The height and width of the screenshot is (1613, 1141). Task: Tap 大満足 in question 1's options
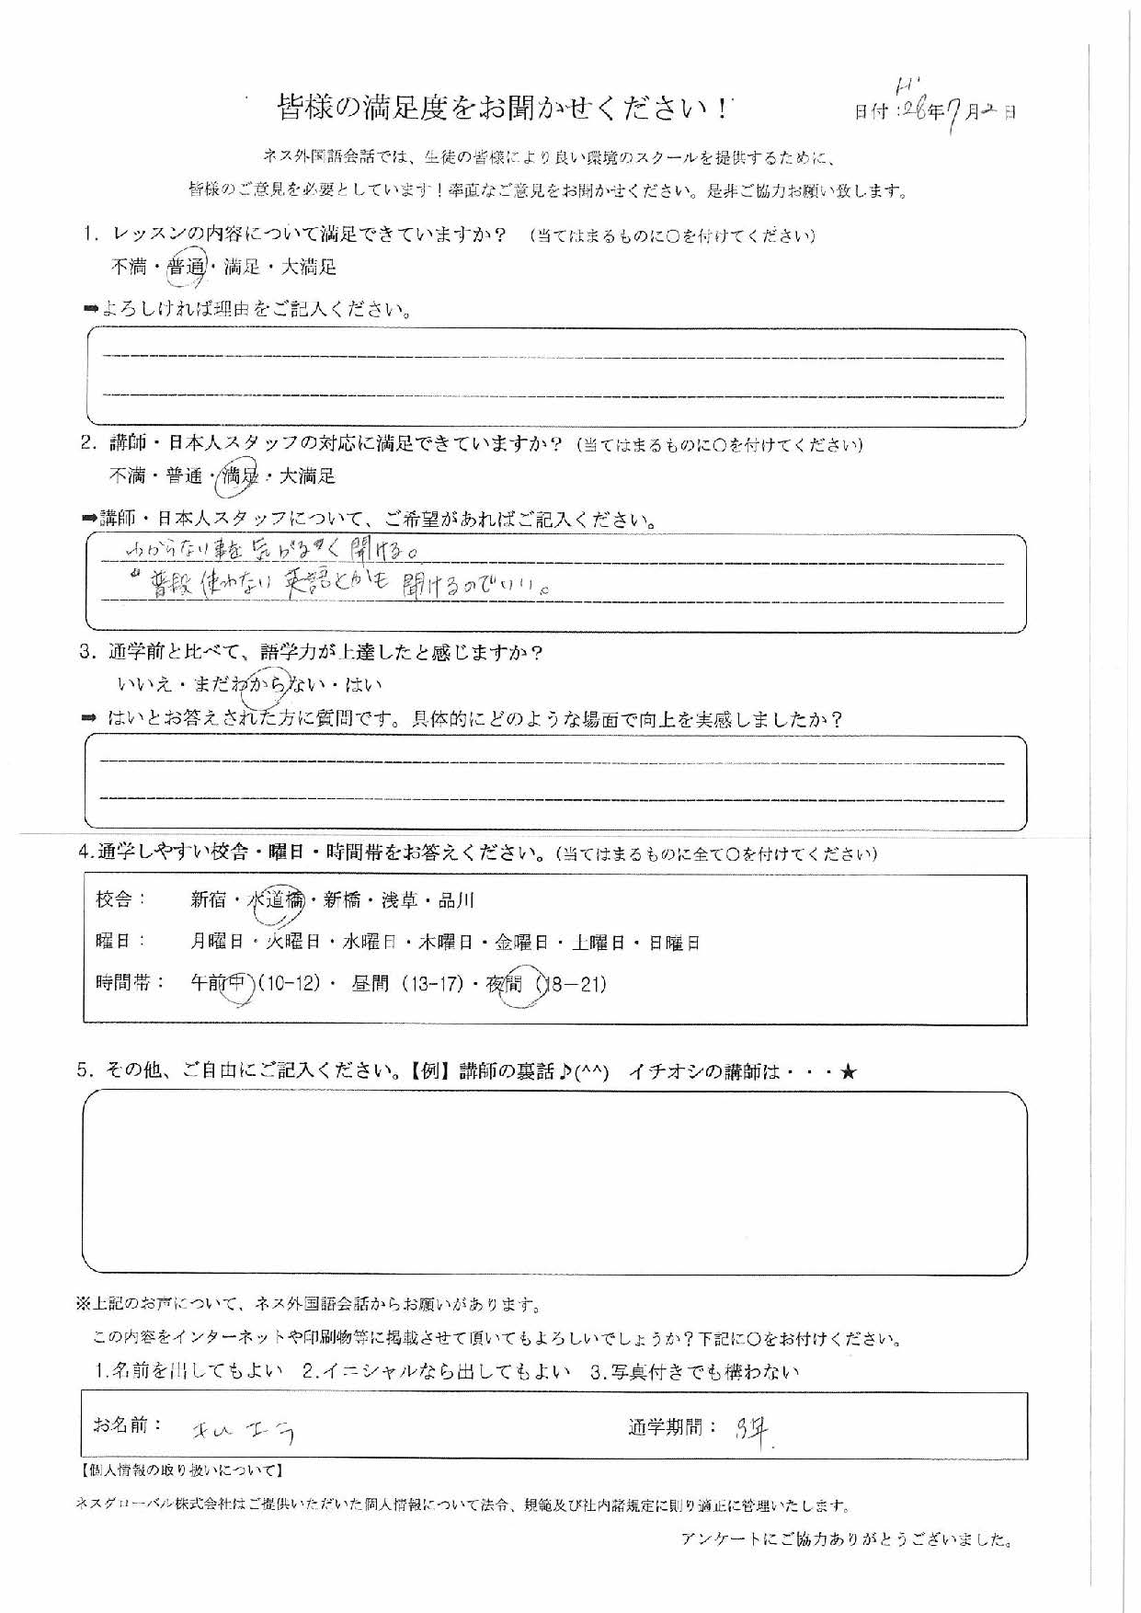[309, 268]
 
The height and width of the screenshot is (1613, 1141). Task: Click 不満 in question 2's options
[128, 476]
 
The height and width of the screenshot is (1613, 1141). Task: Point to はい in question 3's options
[365, 685]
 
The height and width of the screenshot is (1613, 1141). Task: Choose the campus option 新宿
[209, 900]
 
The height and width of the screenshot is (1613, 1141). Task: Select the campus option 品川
[456, 900]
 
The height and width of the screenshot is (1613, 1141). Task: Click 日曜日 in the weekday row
[676, 943]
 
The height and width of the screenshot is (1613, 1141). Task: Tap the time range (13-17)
[432, 985]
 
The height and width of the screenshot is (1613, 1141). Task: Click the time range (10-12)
[289, 985]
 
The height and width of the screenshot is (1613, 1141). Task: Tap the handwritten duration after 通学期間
[756, 1429]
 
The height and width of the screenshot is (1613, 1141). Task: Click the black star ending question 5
[848, 1071]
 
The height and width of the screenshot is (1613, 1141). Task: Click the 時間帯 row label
[130, 983]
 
